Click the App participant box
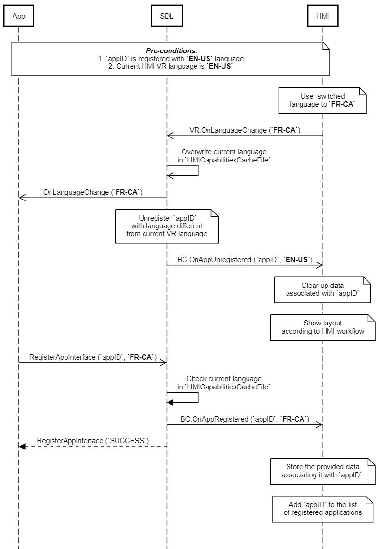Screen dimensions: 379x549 (19, 16)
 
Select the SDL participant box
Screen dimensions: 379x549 (167, 16)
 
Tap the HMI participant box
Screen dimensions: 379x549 (323, 16)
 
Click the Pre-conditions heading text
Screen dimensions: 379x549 (172, 51)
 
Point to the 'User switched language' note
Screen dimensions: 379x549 (323, 100)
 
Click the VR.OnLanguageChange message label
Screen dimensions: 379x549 (245, 130)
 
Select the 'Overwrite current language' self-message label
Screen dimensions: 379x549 (223, 156)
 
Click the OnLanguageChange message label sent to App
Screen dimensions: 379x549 (93, 192)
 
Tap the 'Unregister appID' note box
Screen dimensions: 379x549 (167, 226)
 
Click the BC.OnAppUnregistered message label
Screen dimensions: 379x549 (245, 260)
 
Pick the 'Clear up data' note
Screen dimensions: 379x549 (323, 290)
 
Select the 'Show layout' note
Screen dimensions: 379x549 (323, 327)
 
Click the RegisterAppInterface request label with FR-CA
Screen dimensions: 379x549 (93, 357)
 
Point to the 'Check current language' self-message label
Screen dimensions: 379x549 (223, 383)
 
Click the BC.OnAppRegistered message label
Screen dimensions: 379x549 (245, 419)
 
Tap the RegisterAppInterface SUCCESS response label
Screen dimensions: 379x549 (93, 441)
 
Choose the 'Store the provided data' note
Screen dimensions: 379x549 (323, 471)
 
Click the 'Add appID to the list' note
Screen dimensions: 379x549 (323, 509)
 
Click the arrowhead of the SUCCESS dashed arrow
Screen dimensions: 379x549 (22, 447)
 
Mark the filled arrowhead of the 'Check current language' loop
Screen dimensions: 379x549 (170, 403)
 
